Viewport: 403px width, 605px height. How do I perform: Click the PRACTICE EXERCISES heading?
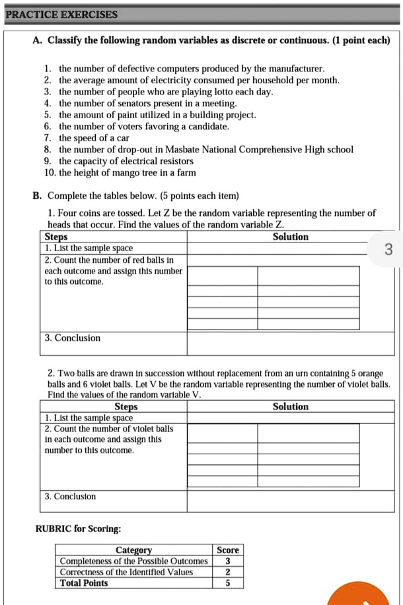(61, 15)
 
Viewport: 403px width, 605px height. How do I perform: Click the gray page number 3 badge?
(388, 249)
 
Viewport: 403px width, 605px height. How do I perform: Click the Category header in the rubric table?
(133, 550)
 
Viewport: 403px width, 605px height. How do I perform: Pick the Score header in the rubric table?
(228, 550)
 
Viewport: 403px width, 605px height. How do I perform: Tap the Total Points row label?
(84, 583)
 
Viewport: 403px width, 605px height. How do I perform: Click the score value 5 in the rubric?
(228, 583)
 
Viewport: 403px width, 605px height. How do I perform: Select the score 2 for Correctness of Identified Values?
(228, 572)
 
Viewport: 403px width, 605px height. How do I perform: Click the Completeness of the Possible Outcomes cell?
(133, 561)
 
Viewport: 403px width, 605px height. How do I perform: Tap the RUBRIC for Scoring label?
(77, 528)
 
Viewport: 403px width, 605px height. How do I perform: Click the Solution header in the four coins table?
(290, 236)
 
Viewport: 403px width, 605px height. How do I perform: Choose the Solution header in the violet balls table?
(290, 407)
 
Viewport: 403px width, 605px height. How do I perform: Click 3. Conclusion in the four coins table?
(73, 338)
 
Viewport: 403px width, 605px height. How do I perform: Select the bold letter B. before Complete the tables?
(37, 196)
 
